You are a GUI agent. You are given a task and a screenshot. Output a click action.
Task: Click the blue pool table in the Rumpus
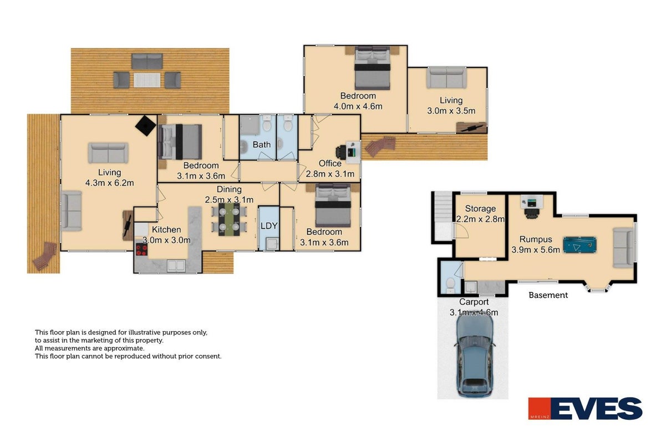click(579, 245)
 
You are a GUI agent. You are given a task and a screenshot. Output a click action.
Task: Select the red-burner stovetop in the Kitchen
click(141, 249)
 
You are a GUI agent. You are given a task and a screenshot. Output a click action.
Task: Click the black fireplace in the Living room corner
click(146, 126)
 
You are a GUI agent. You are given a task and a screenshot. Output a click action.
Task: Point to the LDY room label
click(269, 226)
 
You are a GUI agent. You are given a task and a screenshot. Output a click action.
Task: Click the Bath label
click(261, 145)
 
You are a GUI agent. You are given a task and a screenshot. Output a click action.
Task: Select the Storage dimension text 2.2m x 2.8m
click(480, 219)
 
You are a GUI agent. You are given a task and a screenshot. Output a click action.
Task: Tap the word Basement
click(548, 295)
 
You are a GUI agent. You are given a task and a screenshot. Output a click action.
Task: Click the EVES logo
click(585, 409)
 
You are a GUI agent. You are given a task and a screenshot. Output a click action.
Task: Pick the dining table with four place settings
click(229, 219)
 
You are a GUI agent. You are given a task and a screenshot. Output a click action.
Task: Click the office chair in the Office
click(340, 153)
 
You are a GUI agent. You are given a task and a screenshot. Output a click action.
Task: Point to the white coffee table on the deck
click(147, 80)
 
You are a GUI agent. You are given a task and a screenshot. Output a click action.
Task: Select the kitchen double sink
click(176, 265)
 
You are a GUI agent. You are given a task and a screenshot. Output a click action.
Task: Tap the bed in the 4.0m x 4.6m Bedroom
click(372, 68)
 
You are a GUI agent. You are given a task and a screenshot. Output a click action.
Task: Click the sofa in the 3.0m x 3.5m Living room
click(446, 78)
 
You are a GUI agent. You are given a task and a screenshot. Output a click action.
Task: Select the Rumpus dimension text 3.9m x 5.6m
click(536, 250)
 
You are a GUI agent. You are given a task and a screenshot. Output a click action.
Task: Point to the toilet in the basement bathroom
click(450, 286)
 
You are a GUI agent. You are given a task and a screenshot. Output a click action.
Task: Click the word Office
click(330, 163)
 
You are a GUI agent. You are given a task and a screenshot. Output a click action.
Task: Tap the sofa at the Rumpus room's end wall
click(623, 248)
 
